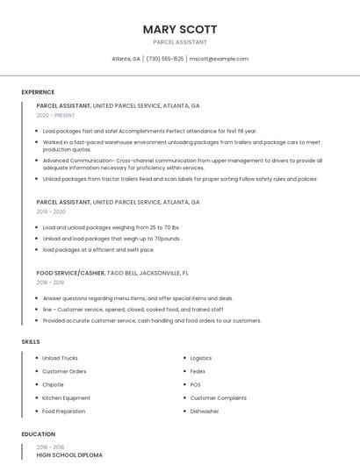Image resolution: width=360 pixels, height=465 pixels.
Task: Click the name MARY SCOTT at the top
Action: click(x=180, y=29)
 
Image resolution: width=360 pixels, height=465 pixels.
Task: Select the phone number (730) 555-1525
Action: click(x=165, y=59)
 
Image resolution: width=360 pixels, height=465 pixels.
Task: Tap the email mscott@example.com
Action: click(x=219, y=59)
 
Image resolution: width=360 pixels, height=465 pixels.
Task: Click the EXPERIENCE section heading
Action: click(x=38, y=92)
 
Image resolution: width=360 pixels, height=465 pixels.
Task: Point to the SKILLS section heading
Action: click(x=31, y=341)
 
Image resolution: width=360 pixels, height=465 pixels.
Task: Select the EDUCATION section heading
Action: click(x=39, y=434)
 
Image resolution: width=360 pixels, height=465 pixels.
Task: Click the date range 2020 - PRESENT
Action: click(x=55, y=116)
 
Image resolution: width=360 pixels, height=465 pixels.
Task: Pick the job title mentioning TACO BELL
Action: click(x=112, y=273)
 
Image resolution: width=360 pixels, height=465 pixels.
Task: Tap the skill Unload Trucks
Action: click(x=60, y=358)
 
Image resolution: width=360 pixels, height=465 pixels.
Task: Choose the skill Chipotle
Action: click(x=53, y=384)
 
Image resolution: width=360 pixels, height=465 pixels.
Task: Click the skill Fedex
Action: click(x=198, y=371)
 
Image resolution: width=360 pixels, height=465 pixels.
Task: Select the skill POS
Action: click(x=195, y=384)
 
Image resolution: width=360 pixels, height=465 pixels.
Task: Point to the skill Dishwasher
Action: click(x=205, y=411)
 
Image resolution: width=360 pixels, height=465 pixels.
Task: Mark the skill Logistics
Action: click(x=201, y=358)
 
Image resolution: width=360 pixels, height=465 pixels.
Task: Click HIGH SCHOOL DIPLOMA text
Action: click(x=69, y=455)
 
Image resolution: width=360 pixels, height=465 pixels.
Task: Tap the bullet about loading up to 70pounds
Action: click(x=112, y=238)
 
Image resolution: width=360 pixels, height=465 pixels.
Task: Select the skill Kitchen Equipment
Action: click(x=66, y=397)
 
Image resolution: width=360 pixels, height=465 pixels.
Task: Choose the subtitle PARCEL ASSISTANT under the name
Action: click(x=180, y=42)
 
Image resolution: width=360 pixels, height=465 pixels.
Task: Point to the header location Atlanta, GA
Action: click(x=126, y=59)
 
